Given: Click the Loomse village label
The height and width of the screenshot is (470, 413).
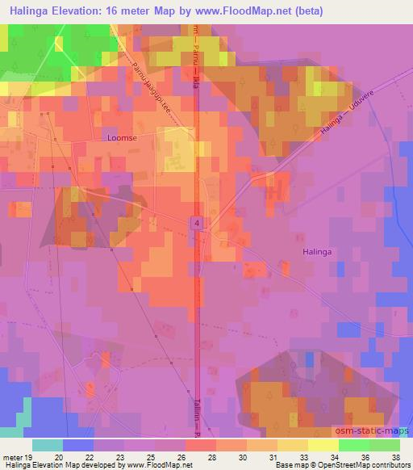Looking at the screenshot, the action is coord(120,138).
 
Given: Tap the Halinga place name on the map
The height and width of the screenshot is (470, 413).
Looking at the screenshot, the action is coord(317,252).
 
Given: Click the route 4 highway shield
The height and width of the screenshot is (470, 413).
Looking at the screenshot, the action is coord(197,221).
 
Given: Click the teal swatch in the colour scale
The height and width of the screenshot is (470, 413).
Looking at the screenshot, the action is coord(48,445).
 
